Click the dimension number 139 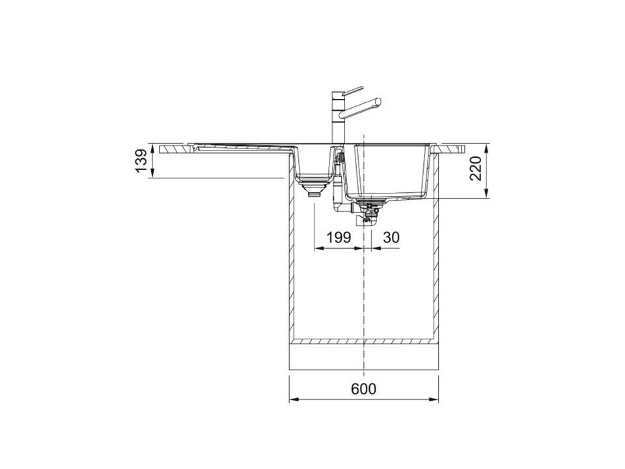(x=141, y=160)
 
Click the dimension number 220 (x=475, y=168)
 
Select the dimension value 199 (x=339, y=237)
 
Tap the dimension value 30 (x=391, y=237)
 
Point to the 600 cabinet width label (x=363, y=388)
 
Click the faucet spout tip (x=378, y=102)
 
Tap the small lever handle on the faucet (x=352, y=91)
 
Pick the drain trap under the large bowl (x=368, y=213)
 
